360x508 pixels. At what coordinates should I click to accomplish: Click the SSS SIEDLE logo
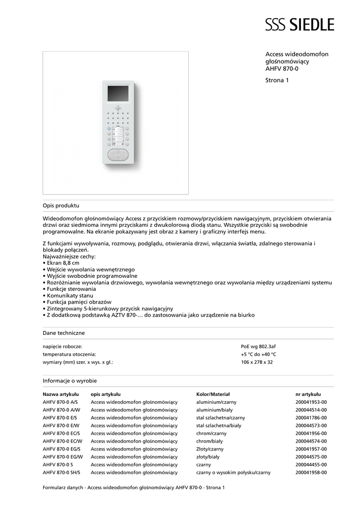(299, 24)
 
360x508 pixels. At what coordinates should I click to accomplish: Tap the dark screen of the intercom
(118, 93)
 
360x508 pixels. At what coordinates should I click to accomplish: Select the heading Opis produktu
(61, 205)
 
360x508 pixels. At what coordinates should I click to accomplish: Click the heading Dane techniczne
(64, 333)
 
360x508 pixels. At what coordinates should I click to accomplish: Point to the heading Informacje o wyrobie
(70, 381)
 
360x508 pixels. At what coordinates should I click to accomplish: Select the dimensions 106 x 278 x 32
(257, 362)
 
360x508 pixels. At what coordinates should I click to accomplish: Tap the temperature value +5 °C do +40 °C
(258, 354)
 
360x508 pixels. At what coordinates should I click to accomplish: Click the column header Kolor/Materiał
(213, 394)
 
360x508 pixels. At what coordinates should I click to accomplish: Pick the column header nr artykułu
(308, 394)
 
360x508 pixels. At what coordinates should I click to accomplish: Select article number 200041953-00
(311, 402)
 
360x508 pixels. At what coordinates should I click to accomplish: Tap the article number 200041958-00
(311, 473)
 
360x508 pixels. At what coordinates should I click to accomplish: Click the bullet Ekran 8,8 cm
(62, 263)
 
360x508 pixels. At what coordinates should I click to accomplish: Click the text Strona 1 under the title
(277, 80)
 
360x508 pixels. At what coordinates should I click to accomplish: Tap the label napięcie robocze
(63, 346)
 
